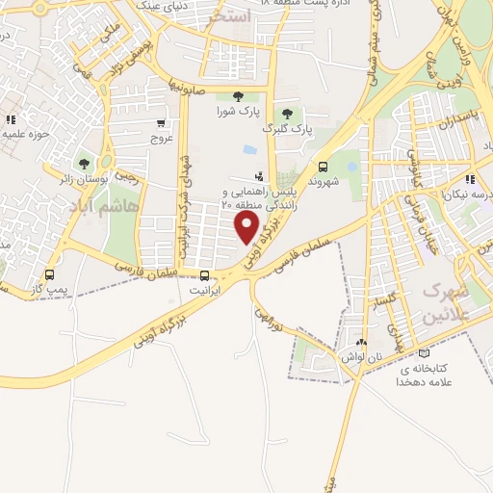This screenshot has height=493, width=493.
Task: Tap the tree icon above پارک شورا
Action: coord(237,96)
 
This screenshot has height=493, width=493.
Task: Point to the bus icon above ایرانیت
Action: coord(203,275)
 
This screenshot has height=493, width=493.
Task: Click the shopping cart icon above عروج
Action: coord(161,122)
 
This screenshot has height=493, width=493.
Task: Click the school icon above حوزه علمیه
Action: coord(11,119)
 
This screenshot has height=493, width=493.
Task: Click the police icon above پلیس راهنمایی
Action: coord(258,176)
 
